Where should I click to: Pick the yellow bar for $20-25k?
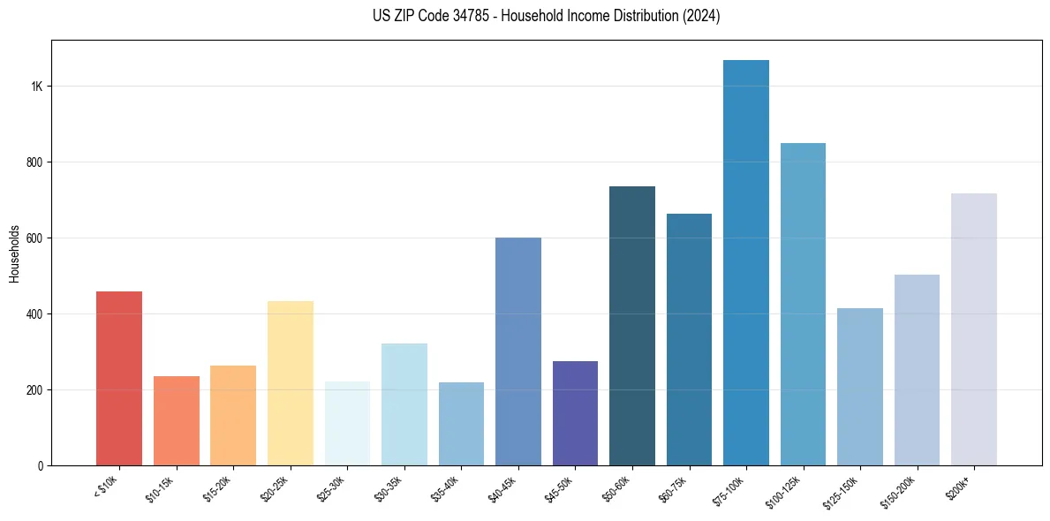coord(291,383)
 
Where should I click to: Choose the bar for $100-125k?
coord(803,304)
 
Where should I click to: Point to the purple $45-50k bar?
coord(575,412)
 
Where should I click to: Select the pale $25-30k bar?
coord(347,423)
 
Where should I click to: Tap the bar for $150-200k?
coord(917,370)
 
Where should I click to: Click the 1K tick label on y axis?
coord(37,87)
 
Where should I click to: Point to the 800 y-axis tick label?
coord(34,162)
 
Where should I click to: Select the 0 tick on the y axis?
coord(41,465)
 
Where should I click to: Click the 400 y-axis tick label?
coord(34,314)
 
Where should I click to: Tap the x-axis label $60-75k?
coord(674,487)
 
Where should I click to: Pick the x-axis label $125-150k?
coord(842,490)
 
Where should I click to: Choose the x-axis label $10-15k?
coord(160,487)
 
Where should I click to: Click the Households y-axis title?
coord(14,253)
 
